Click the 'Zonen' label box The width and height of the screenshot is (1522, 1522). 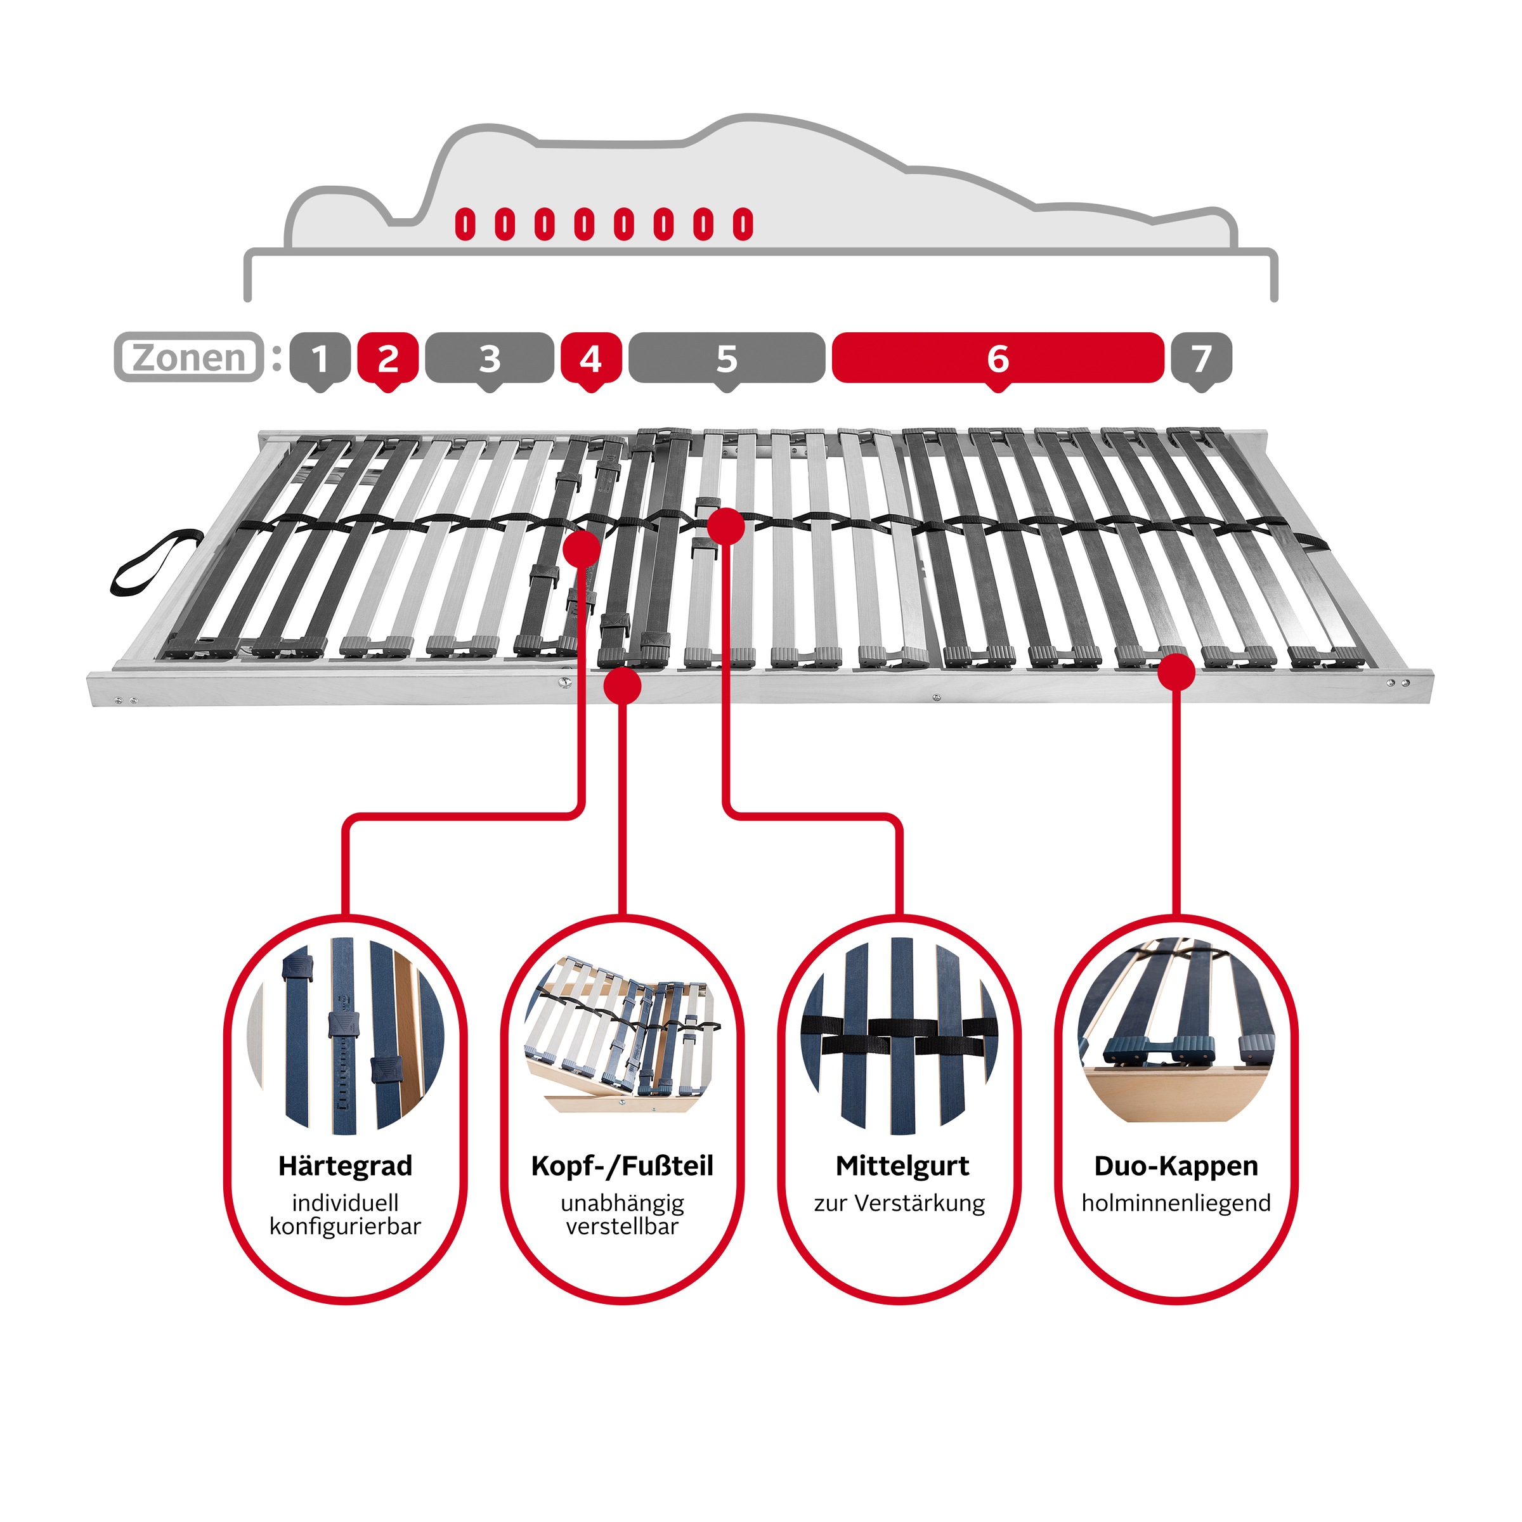click(189, 358)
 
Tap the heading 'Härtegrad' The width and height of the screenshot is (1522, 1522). click(345, 1166)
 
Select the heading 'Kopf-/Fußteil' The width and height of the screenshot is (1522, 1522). click(622, 1166)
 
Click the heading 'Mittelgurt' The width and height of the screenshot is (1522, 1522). click(902, 1166)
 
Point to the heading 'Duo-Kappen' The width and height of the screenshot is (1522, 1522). click(1176, 1166)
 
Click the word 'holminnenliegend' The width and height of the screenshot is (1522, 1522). click(1176, 1203)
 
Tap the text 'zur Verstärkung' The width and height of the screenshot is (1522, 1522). click(900, 1203)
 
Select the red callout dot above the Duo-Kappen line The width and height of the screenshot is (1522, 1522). click(1176, 673)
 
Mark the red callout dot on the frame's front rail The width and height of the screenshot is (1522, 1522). click(622, 686)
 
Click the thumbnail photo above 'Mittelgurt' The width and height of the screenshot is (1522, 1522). click(900, 1038)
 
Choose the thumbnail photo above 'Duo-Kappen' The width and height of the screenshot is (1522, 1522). click(1176, 1031)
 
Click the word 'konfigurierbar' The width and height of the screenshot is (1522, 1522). click(345, 1226)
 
